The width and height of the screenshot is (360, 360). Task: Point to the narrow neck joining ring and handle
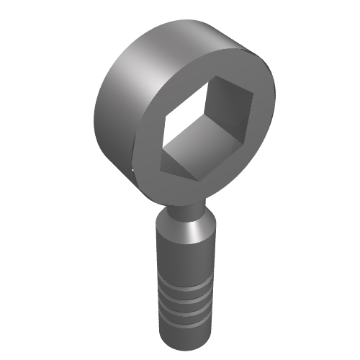(x=185, y=210)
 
